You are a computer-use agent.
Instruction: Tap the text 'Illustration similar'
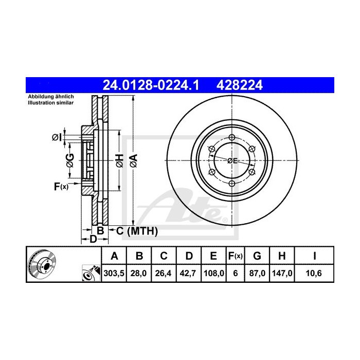point(50,103)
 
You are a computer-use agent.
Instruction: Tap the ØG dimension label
point(70,160)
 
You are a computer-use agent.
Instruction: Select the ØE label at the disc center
point(232,161)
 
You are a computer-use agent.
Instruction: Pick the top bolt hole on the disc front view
point(232,137)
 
